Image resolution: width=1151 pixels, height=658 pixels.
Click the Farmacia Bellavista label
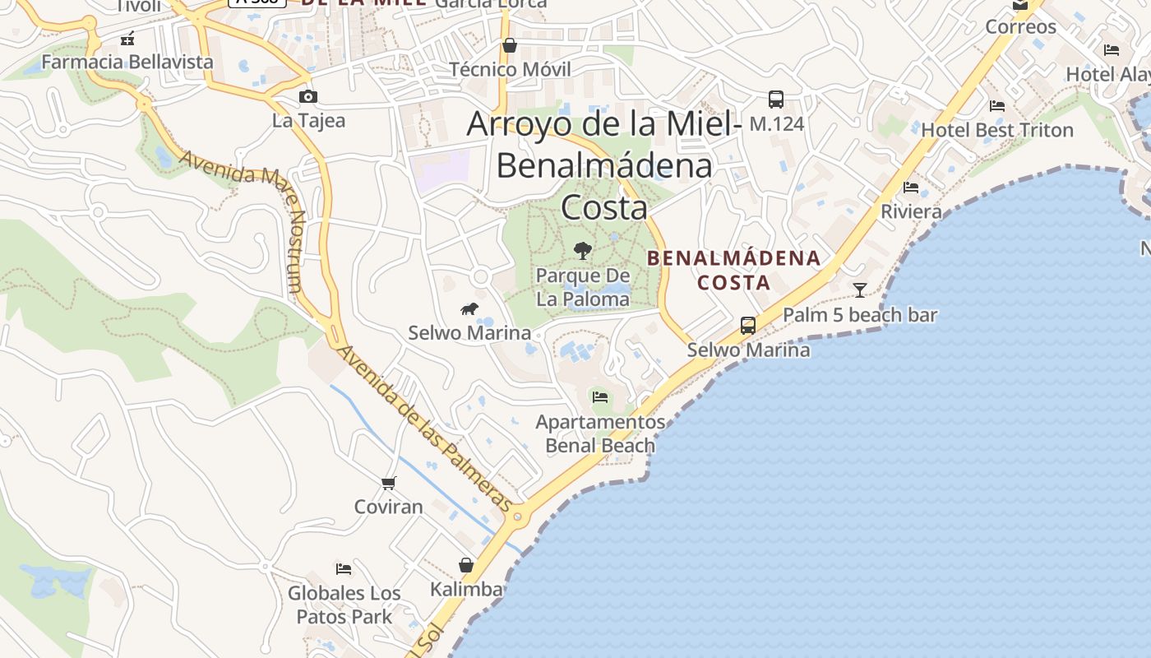(x=127, y=62)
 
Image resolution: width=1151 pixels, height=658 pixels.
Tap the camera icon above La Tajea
(x=308, y=97)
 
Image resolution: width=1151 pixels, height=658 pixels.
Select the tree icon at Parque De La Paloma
(x=583, y=250)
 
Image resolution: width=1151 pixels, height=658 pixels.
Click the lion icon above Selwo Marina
(x=469, y=309)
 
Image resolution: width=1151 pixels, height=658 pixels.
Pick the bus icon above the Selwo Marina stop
(x=748, y=326)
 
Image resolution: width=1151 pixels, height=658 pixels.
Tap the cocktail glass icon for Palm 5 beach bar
(x=860, y=290)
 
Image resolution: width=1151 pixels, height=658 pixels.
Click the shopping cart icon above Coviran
(x=389, y=483)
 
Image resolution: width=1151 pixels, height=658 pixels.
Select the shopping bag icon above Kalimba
(x=466, y=565)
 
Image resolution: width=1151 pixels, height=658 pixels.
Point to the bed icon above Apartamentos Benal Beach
(x=600, y=397)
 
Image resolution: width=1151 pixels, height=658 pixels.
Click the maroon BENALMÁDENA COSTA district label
(x=734, y=271)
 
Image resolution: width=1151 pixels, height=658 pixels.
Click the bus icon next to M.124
(x=775, y=100)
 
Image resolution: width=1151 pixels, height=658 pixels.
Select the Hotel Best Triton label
(x=997, y=130)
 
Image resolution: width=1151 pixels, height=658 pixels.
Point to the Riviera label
(x=911, y=211)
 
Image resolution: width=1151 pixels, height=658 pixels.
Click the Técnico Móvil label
(x=510, y=69)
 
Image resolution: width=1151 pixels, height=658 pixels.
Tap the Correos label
(x=1020, y=26)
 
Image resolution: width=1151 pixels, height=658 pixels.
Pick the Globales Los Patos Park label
(x=344, y=605)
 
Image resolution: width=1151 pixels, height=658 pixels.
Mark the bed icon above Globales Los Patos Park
(x=344, y=568)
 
